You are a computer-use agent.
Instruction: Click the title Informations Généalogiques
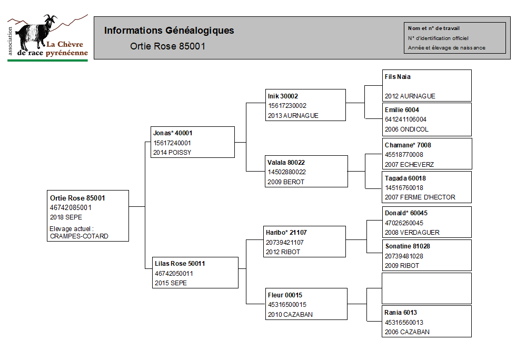coord(169,31)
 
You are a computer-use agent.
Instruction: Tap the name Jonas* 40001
coord(173,133)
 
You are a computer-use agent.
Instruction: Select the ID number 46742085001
coord(71,208)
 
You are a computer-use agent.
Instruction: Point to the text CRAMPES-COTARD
coord(79,236)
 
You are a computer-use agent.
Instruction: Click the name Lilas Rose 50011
coord(180,264)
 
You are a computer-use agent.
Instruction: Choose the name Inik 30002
coord(283,96)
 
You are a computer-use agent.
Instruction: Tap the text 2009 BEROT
coord(286,182)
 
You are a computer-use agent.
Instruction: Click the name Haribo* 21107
coord(286,233)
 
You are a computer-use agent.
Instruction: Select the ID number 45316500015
coord(287,305)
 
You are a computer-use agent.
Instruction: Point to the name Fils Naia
coord(398,77)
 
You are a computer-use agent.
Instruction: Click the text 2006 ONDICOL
coord(406,129)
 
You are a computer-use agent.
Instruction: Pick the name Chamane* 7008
coord(408,145)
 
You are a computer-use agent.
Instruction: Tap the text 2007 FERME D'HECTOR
coord(420,197)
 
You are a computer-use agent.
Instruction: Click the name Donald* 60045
coord(406,213)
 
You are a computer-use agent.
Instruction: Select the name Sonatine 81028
coord(408,246)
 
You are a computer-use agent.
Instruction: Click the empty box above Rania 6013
coord(426,288)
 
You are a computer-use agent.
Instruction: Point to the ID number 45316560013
coord(404,323)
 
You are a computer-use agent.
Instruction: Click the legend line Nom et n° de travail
coord(434,28)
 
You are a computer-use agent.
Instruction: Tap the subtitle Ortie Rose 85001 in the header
coord(168,46)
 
